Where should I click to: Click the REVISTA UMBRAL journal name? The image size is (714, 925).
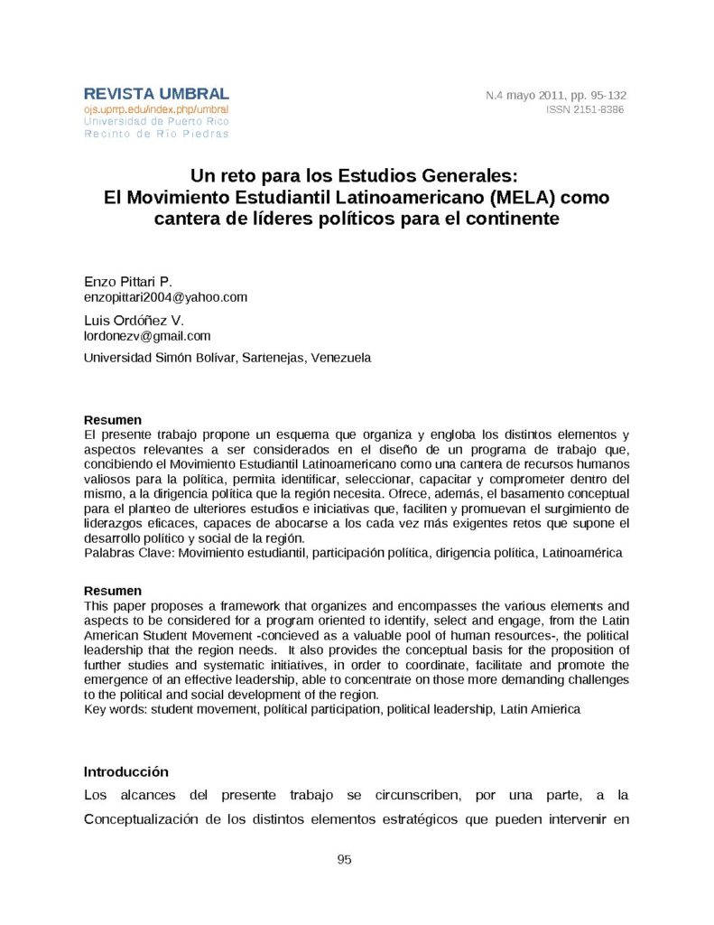click(x=156, y=94)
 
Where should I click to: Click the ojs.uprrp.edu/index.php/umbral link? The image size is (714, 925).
click(x=156, y=109)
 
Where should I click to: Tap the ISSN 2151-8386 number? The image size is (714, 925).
click(x=585, y=109)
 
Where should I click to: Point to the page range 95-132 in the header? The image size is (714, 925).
click(x=607, y=95)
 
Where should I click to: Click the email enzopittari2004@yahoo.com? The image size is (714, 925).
click(x=165, y=297)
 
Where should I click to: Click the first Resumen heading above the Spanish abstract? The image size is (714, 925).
click(x=112, y=420)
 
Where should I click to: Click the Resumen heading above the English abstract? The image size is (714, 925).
click(x=112, y=591)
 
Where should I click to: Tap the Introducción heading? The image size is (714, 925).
click(x=126, y=772)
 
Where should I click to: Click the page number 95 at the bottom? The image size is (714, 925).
click(x=344, y=859)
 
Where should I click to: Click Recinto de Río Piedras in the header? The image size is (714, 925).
click(x=156, y=134)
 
